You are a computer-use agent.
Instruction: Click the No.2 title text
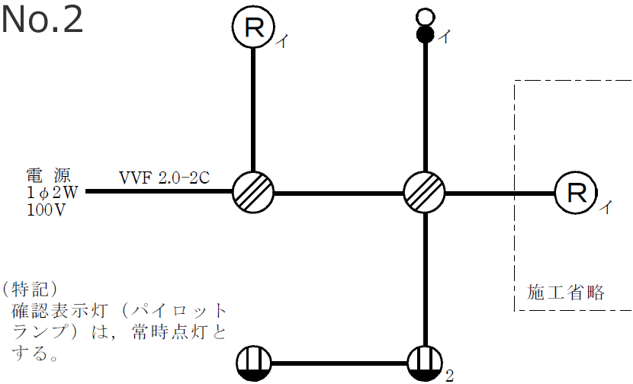pos(42,20)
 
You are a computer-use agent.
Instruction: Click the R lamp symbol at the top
pos(253,28)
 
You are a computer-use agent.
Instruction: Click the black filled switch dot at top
pos(425,34)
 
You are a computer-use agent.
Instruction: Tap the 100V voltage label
pos(46,210)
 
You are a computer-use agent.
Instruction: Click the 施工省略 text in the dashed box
pos(566,292)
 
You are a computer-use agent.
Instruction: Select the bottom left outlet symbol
pos(253,363)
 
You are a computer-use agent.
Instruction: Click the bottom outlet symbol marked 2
pos(425,363)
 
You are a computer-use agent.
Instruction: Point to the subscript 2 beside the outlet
pos(449,375)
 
